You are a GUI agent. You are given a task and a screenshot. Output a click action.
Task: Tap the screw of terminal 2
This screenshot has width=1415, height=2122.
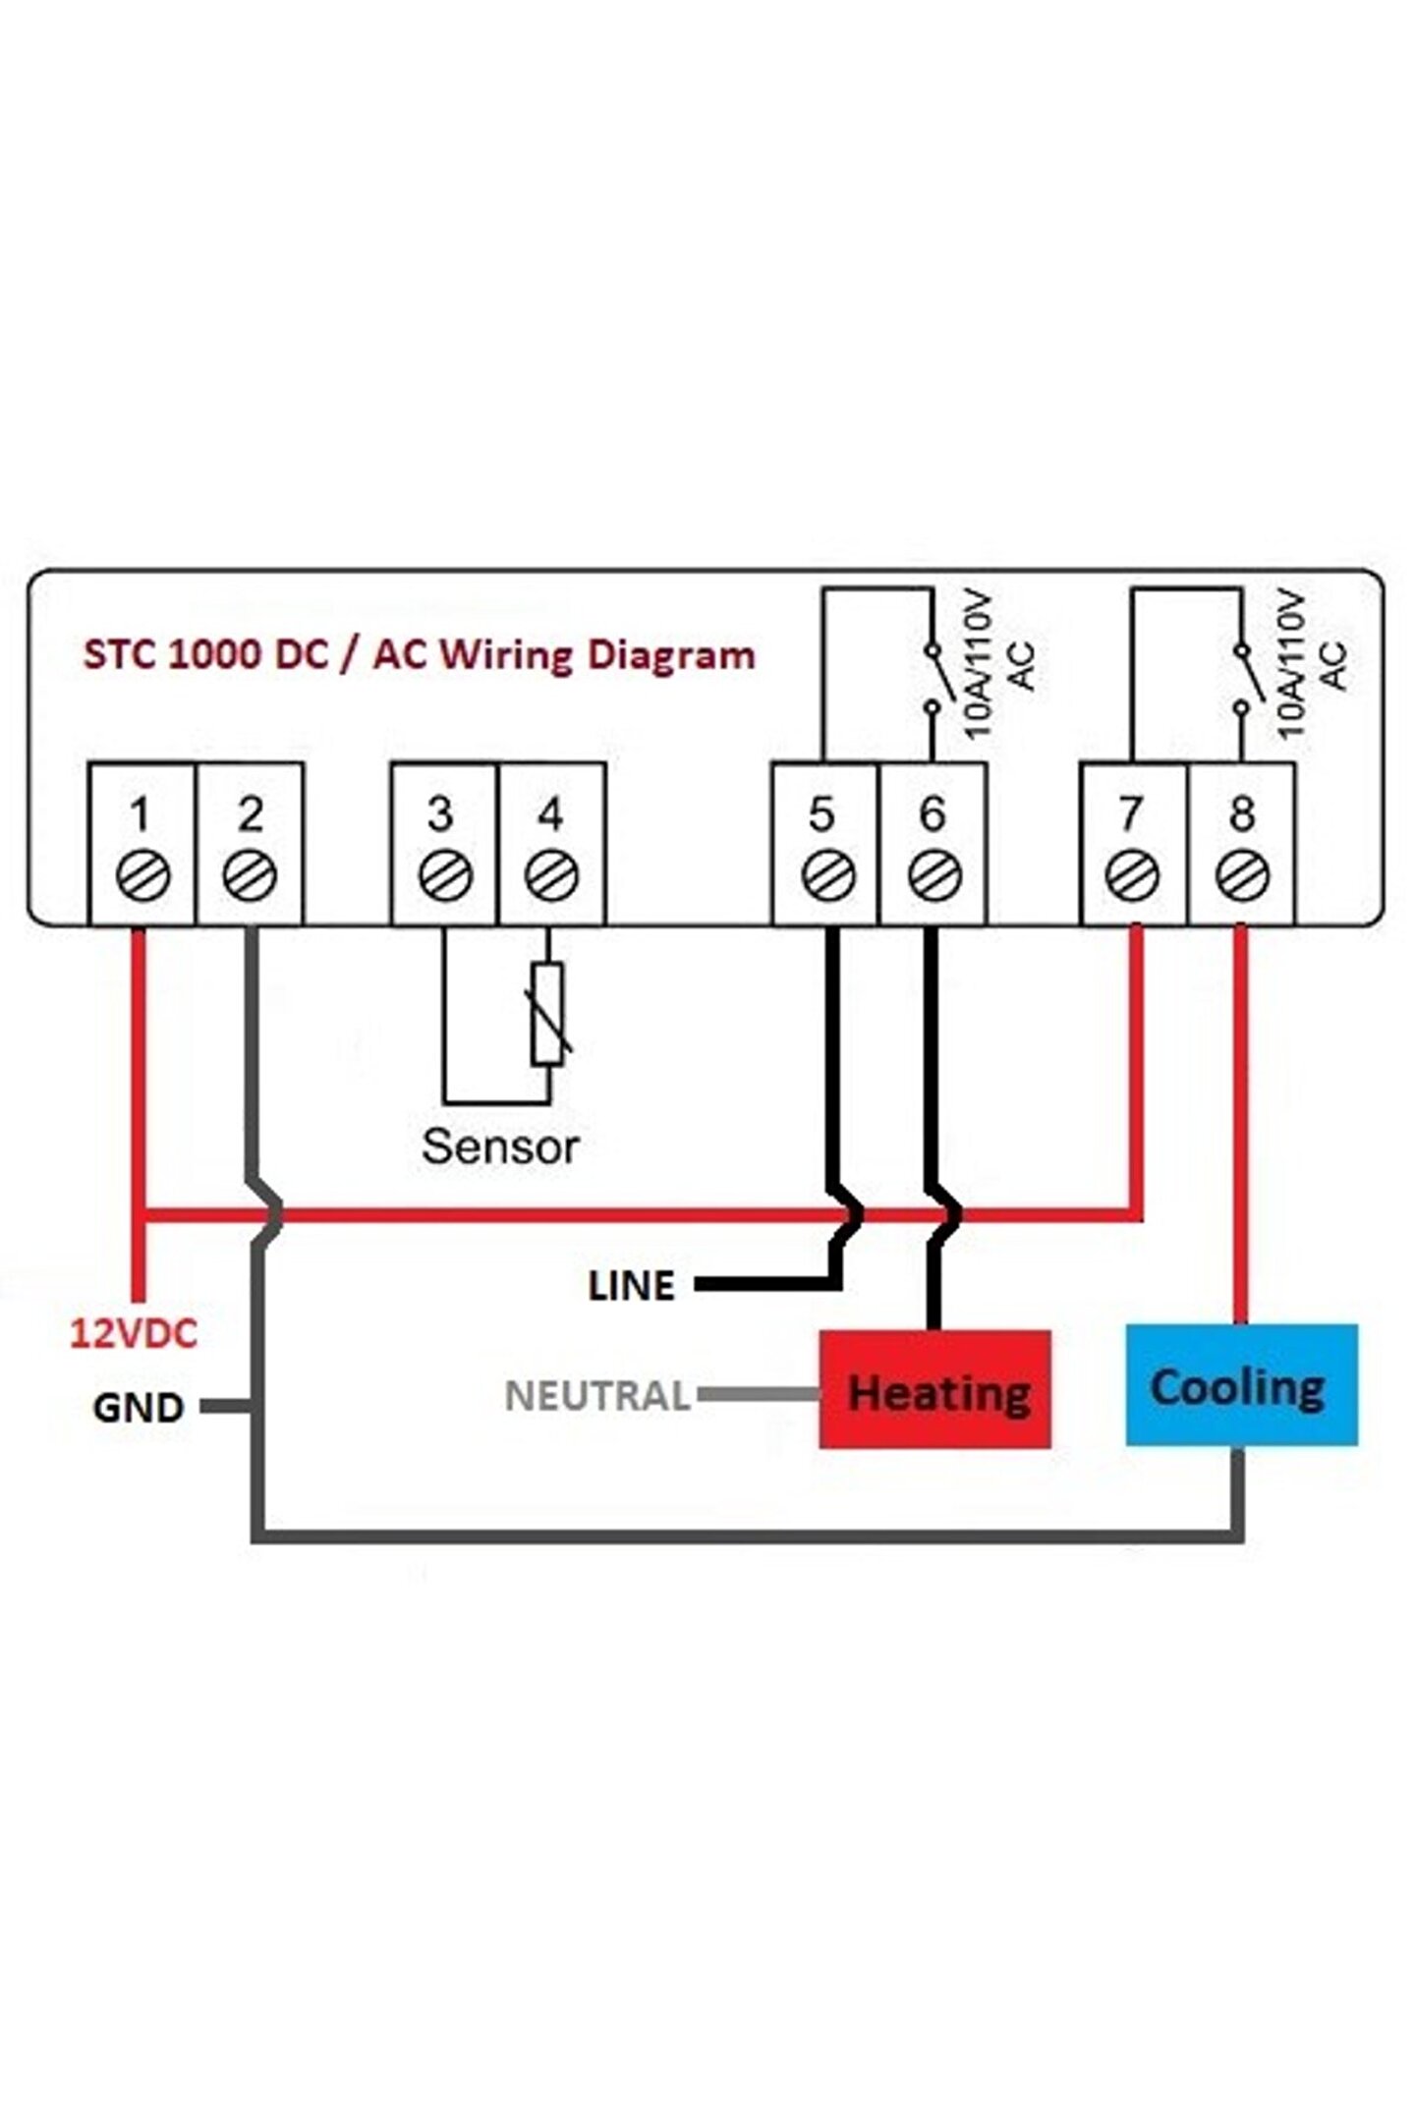(250, 875)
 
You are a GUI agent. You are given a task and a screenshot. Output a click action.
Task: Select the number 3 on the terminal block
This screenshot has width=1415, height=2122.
(440, 813)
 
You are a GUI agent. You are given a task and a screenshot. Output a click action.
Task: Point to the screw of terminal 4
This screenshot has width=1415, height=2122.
(551, 875)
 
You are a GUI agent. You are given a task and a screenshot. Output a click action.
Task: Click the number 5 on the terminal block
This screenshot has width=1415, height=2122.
(821, 813)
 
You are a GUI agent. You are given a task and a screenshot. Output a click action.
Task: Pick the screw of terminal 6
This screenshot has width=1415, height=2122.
(932, 875)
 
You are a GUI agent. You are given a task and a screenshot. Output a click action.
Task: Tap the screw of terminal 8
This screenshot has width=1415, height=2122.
(1242, 875)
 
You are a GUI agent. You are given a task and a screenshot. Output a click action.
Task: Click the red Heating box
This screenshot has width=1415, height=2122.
(934, 1389)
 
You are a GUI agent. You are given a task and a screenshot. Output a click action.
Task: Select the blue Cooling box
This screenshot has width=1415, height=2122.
(1240, 1385)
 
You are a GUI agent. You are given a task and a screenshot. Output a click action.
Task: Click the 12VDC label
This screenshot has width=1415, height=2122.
(133, 1334)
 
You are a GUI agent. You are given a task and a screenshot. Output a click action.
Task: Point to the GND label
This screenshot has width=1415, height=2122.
(138, 1408)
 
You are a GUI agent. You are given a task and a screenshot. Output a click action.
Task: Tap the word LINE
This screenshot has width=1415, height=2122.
(631, 1286)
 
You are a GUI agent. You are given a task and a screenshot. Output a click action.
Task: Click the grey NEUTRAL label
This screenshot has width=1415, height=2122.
(596, 1396)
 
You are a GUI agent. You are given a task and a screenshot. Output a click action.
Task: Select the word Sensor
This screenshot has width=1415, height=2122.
(500, 1146)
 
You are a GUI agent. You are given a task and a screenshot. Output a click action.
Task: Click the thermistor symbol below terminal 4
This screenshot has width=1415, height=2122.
(548, 1015)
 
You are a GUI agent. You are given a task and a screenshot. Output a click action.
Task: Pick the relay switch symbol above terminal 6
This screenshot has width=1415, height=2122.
(932, 678)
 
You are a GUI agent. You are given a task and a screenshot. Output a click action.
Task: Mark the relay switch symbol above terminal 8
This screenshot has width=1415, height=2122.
(1242, 678)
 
